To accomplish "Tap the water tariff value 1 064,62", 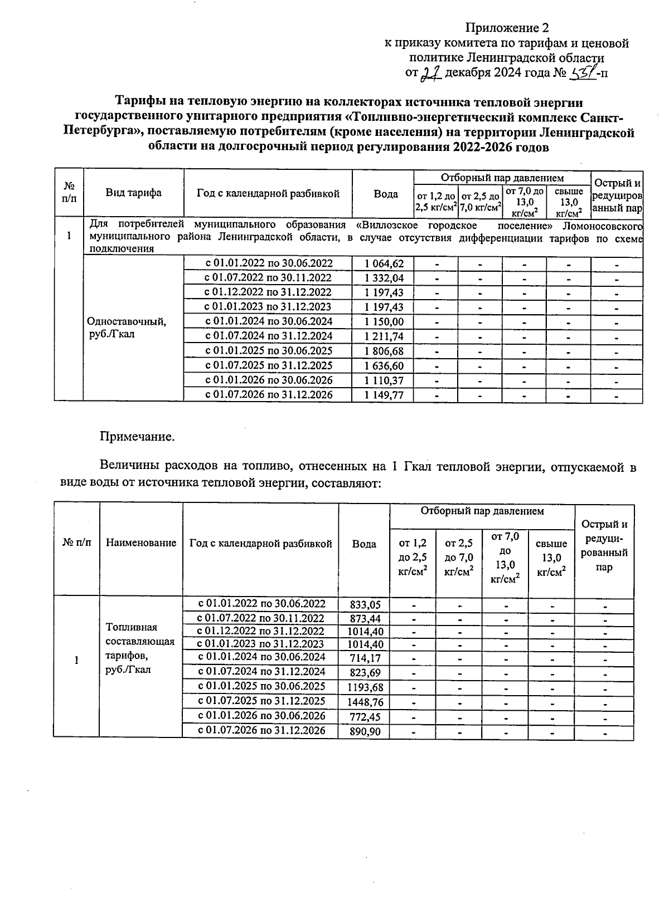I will tap(384, 263).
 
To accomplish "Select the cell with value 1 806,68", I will tap(384, 351).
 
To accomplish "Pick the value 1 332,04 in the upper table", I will tap(384, 278).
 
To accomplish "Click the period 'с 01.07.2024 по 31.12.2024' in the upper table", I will tap(269, 336).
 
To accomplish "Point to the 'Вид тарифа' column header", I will tap(134, 193).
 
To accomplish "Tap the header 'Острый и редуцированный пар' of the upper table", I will tap(617, 196).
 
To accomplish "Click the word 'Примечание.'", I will tap(137, 437).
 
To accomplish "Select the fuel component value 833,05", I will tap(366, 604).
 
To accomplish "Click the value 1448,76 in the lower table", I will tap(366, 702).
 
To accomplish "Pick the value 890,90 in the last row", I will tap(366, 731).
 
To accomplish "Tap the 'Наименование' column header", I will tap(141, 543).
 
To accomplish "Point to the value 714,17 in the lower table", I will tap(366, 658).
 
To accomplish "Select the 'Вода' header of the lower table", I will tap(364, 544).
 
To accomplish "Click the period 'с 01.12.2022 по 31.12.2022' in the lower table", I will tap(261, 631).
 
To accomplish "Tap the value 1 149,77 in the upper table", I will tap(384, 395).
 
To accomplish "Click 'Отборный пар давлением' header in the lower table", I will tap(482, 511).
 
